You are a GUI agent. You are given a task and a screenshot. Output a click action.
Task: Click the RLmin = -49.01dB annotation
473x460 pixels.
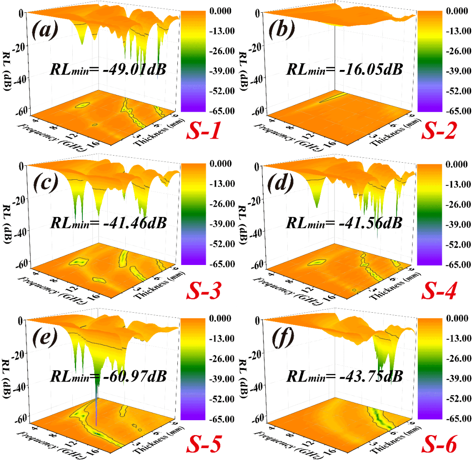pyautogui.click(x=108, y=69)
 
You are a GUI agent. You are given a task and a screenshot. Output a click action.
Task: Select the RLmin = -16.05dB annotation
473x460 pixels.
pyautogui.click(x=344, y=69)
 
